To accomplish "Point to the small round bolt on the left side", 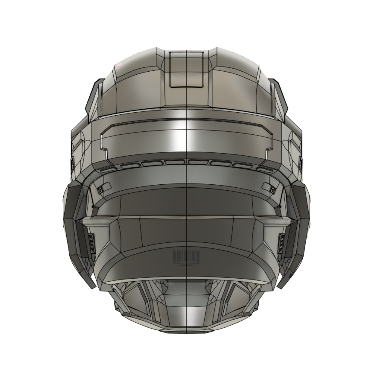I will point(100,190).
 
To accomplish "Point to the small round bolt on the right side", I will point(272,190).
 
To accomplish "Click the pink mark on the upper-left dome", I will point(119,65).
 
